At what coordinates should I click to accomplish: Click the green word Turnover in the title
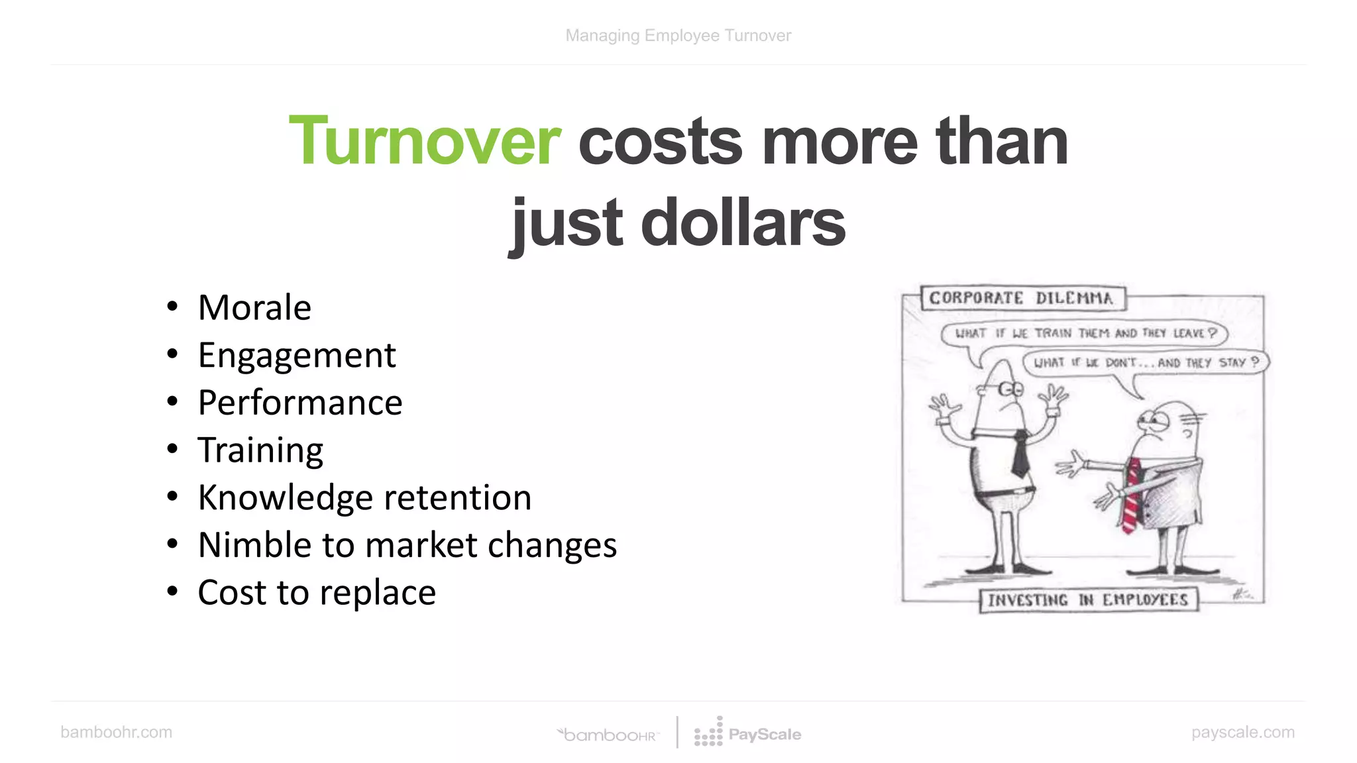[425, 141]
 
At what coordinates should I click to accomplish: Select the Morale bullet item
[254, 307]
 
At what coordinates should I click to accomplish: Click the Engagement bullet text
[297, 355]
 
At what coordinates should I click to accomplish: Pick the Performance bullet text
[300, 403]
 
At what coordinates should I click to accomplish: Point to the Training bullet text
[260, 450]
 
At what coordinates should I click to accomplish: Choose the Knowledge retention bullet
[364, 497]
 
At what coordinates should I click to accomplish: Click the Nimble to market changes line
[407, 545]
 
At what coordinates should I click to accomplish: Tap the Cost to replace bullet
[317, 592]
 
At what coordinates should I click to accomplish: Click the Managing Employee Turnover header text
[678, 36]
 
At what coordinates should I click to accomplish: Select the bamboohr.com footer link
[116, 732]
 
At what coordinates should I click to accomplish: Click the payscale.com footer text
[1242, 732]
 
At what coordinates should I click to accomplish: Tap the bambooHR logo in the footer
[608, 735]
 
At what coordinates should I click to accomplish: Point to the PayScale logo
[748, 733]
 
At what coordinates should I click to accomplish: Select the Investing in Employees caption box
[1088, 600]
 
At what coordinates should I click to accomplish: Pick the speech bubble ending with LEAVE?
[1085, 333]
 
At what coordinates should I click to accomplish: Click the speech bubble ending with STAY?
[1146, 362]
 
